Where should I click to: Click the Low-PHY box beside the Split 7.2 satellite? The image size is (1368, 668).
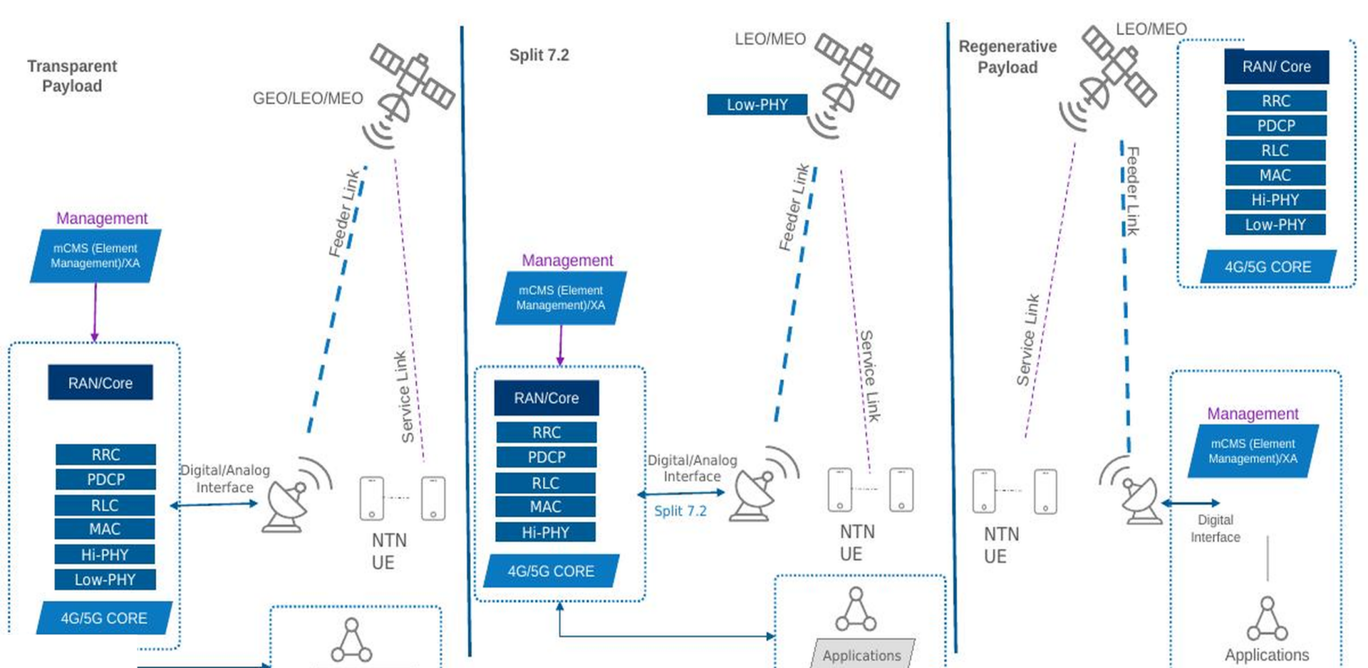[x=757, y=105]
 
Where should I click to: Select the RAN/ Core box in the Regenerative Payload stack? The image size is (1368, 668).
[x=1276, y=67]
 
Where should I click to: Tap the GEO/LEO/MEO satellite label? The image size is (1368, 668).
[x=308, y=98]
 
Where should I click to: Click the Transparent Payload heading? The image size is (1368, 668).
[x=72, y=76]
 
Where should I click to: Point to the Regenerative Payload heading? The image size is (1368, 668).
[x=1007, y=57]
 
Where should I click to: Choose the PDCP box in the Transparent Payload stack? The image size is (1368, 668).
[x=105, y=479]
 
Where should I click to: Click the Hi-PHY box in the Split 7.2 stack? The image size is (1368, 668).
[x=546, y=532]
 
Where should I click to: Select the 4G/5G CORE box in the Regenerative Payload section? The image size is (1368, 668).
[x=1268, y=267]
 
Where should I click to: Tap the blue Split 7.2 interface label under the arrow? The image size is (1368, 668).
[x=680, y=511]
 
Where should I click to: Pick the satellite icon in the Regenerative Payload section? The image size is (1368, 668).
[x=1107, y=77]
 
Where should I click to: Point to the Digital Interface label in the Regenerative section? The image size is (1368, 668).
[x=1216, y=528]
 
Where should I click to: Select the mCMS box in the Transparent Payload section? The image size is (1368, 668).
[x=95, y=256]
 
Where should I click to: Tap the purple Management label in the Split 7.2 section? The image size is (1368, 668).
[x=567, y=261]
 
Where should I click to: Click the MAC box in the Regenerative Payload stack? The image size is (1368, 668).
[x=1275, y=175]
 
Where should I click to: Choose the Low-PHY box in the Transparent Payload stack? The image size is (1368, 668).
[x=105, y=580]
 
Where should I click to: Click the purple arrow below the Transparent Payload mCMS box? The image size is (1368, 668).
[x=95, y=313]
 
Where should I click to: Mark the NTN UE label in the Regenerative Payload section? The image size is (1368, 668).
[x=1001, y=546]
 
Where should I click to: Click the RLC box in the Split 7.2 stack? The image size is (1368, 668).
[x=546, y=483]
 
